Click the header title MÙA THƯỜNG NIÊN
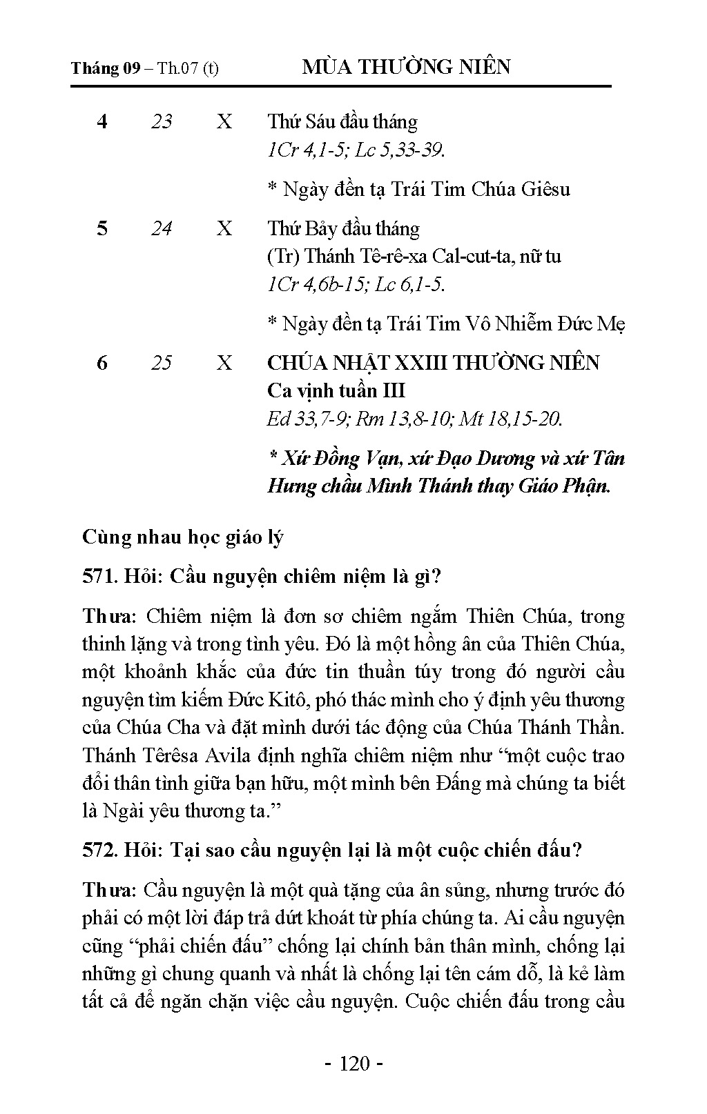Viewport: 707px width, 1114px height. click(x=407, y=67)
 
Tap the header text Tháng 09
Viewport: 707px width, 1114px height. click(x=106, y=68)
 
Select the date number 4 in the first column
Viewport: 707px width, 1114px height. click(x=102, y=122)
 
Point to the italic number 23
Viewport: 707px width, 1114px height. click(x=162, y=122)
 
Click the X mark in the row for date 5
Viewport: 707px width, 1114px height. click(x=224, y=228)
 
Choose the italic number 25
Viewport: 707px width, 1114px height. click(x=162, y=363)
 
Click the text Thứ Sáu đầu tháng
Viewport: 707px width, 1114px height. click(x=342, y=122)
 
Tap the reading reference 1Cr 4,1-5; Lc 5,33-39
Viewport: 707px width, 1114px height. click(x=356, y=150)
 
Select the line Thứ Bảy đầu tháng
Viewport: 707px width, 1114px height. click(x=343, y=228)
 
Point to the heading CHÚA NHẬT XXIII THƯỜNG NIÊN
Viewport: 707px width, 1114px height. click(x=433, y=363)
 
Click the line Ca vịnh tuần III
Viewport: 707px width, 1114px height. click(x=336, y=391)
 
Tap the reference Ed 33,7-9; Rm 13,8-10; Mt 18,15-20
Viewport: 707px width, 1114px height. click(x=414, y=419)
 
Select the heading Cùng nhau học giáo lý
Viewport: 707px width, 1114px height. click(x=183, y=537)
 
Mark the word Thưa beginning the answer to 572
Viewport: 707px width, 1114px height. click(x=109, y=891)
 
